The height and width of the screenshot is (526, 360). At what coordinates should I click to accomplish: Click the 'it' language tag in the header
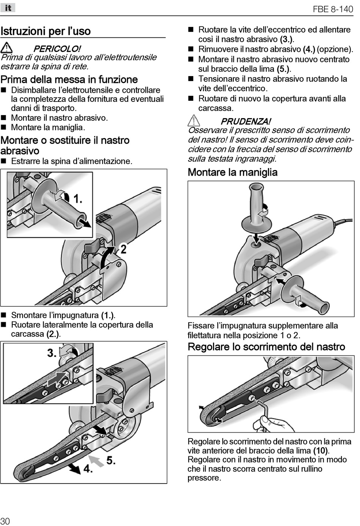(8, 8)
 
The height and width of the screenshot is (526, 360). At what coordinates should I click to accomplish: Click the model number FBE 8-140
(333, 9)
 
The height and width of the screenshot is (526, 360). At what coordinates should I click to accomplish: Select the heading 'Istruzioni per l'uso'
(45, 31)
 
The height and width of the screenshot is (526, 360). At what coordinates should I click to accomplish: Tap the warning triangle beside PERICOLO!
(6, 48)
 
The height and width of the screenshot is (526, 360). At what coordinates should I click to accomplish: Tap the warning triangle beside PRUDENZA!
(194, 121)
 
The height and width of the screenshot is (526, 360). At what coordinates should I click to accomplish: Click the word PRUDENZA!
(246, 122)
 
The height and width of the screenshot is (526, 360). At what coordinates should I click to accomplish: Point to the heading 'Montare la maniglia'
(233, 172)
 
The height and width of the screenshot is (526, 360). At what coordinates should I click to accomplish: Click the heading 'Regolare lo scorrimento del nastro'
(266, 347)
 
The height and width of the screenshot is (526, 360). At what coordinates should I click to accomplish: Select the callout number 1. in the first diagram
(78, 198)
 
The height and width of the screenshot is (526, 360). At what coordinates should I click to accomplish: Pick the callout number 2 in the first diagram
(123, 249)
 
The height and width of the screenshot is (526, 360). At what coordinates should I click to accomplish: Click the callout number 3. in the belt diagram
(52, 353)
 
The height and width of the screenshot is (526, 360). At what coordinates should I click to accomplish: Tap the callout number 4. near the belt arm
(88, 469)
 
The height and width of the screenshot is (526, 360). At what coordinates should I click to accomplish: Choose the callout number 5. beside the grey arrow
(111, 460)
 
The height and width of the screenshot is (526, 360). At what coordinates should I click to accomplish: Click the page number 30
(5, 521)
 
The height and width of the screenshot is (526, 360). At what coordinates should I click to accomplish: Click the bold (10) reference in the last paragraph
(321, 451)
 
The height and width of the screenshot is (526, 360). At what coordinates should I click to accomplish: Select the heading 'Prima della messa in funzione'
(69, 80)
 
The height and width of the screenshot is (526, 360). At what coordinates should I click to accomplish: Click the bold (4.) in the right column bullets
(309, 49)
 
